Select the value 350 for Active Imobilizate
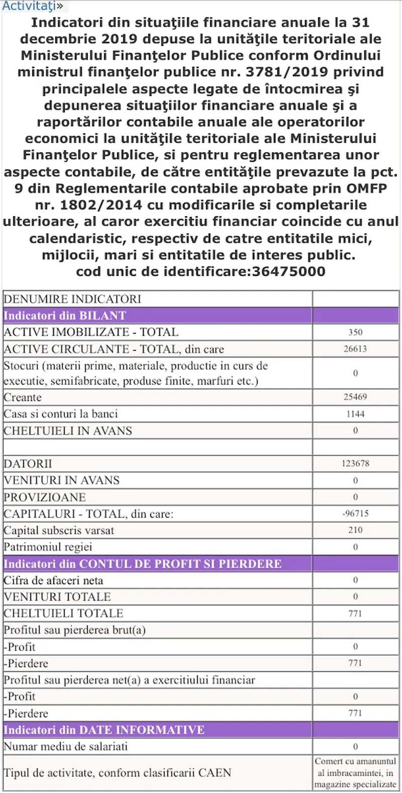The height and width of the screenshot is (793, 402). tap(355, 332)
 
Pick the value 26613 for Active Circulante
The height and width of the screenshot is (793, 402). tap(355, 349)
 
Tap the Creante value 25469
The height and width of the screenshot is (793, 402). tap(355, 397)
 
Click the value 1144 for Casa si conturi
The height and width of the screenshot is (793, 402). tap(355, 414)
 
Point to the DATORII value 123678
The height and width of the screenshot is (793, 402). tap(355, 463)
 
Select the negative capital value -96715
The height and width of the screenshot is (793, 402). tap(355, 514)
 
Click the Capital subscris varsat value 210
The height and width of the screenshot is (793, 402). tap(355, 530)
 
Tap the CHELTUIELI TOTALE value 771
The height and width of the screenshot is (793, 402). tap(355, 614)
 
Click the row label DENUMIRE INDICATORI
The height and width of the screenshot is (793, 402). tap(72, 299)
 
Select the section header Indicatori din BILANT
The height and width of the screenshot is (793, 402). tap(65, 316)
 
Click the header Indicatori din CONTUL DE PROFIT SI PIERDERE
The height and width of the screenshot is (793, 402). tap(143, 564)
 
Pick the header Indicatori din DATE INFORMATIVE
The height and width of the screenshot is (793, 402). tap(104, 730)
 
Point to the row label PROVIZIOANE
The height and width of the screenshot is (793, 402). tap(45, 497)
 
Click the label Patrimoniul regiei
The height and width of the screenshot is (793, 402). tap(48, 547)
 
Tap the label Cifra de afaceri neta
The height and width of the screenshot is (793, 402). tap(53, 580)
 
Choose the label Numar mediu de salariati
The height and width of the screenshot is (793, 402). tap(66, 746)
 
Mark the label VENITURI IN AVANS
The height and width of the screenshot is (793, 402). tap(62, 480)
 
